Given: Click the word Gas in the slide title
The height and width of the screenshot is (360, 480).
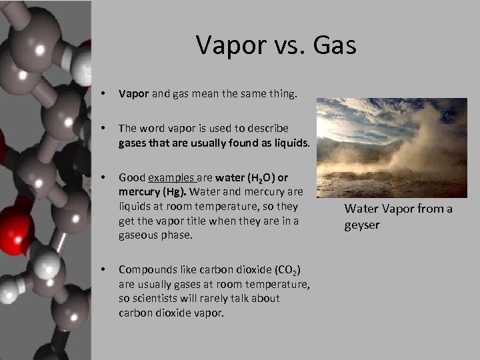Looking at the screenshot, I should pyautogui.click(x=333, y=45).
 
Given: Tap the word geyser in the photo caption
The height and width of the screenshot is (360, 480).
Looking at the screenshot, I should pyautogui.click(x=362, y=225).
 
